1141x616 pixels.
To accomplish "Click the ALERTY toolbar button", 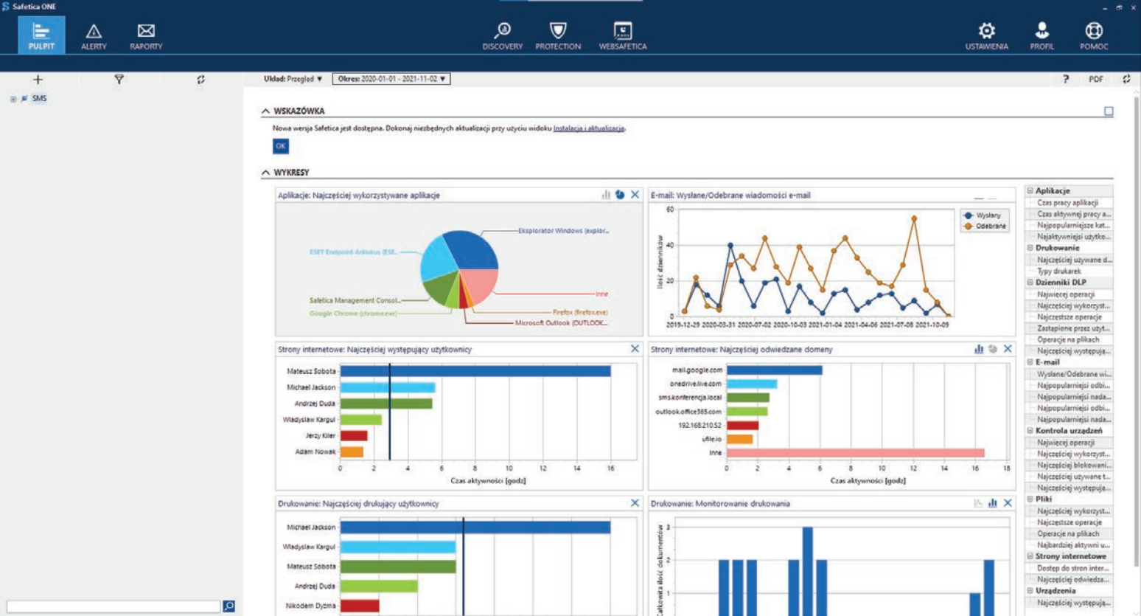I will click(94, 35).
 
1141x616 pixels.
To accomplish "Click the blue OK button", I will click(281, 146).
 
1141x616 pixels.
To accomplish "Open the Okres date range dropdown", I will click(391, 79).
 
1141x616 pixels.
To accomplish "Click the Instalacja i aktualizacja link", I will click(588, 128).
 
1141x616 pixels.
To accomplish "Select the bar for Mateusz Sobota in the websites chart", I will click(475, 371).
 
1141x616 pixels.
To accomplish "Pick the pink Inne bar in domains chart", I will click(855, 452).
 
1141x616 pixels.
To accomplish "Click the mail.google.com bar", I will click(774, 370).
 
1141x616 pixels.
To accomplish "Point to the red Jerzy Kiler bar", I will click(354, 435).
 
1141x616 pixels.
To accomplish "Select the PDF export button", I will click(1096, 79).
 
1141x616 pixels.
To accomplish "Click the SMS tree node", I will click(39, 98).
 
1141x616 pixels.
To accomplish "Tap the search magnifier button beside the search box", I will click(228, 606).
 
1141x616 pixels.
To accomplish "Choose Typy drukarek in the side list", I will click(1058, 271).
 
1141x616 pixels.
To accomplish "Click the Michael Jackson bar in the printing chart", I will click(475, 527).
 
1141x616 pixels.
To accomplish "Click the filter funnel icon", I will click(119, 79).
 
